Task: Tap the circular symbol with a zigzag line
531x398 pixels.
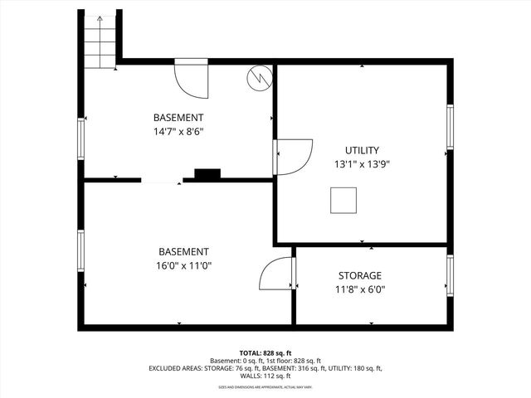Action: (259, 77)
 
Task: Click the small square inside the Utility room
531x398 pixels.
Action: (343, 201)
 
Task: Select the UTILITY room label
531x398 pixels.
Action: (361, 150)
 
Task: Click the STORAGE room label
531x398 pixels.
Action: (360, 275)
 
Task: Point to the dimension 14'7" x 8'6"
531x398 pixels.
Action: (178, 131)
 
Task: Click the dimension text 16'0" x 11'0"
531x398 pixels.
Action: (184, 266)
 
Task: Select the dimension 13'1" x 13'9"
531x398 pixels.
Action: (361, 164)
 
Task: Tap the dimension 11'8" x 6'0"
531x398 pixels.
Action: (360, 290)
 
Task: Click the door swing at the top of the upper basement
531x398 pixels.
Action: (191, 77)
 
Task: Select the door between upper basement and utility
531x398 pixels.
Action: (292, 156)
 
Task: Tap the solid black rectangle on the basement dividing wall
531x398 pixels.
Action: (207, 174)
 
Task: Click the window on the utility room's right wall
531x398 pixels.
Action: (451, 128)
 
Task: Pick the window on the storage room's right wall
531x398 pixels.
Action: (451, 275)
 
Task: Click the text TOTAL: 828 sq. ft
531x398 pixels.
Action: (265, 353)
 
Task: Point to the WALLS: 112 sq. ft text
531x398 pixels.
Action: (265, 376)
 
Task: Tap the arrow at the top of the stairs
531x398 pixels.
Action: (100, 19)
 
